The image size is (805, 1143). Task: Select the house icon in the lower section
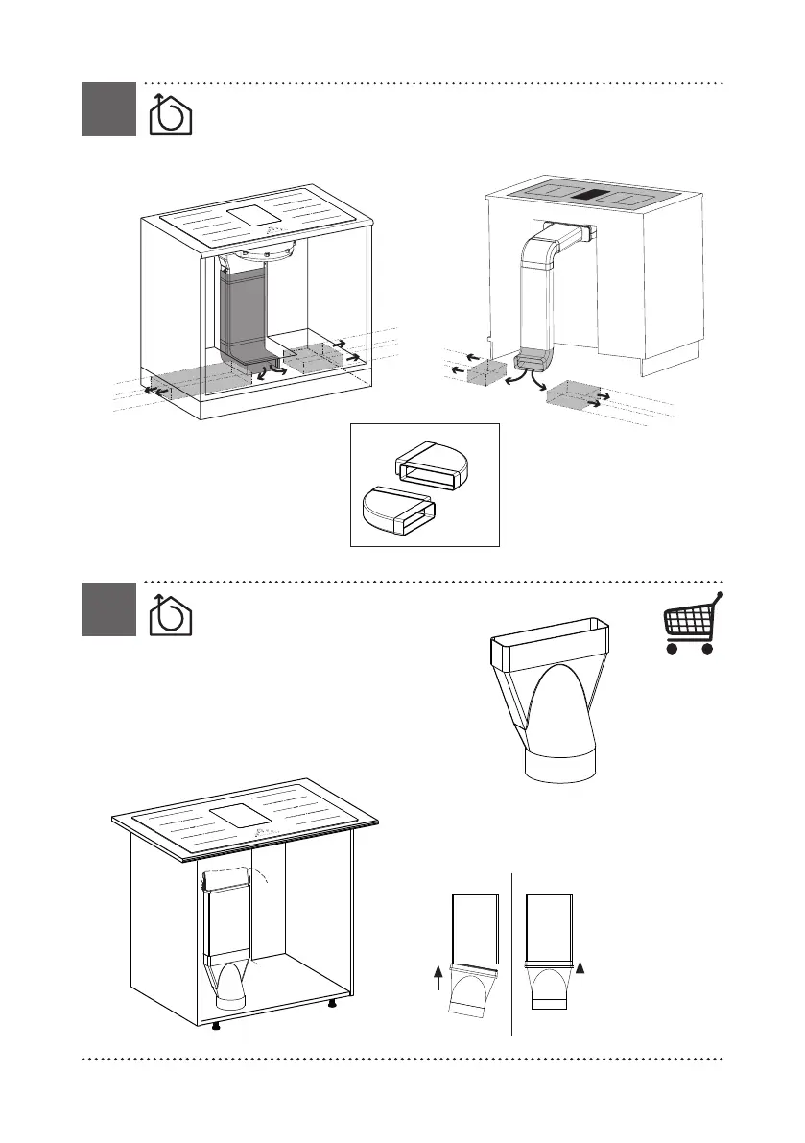click(x=171, y=613)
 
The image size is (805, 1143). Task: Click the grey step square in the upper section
click(x=108, y=108)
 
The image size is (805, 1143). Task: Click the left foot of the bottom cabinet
click(x=218, y=1025)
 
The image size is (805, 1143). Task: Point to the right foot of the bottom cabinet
click(x=332, y=1004)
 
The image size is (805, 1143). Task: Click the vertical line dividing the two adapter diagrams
click(x=512, y=955)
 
